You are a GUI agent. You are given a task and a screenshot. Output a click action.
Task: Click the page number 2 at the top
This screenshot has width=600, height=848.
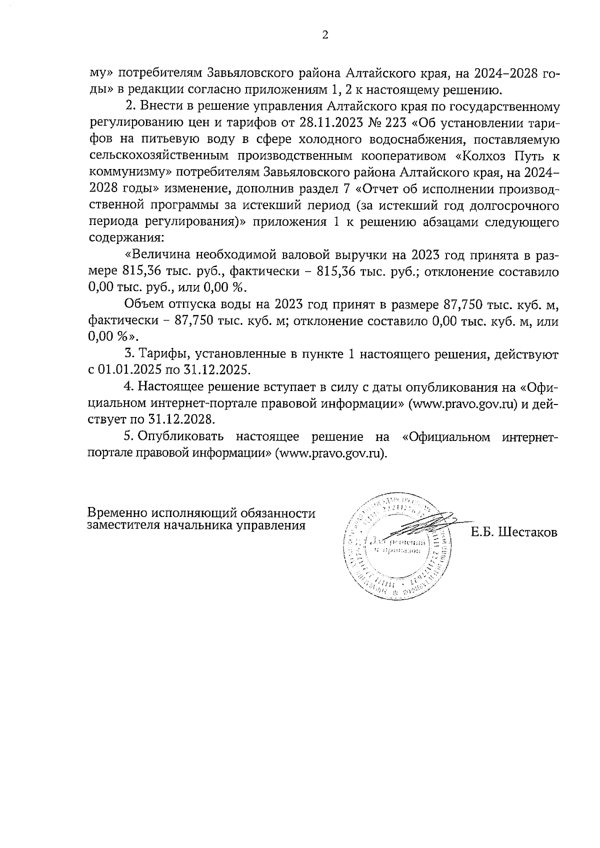(x=325, y=35)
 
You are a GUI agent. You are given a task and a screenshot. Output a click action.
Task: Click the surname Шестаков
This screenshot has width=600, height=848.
(x=527, y=532)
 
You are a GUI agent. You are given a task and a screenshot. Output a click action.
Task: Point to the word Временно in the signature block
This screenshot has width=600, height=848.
(x=116, y=513)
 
